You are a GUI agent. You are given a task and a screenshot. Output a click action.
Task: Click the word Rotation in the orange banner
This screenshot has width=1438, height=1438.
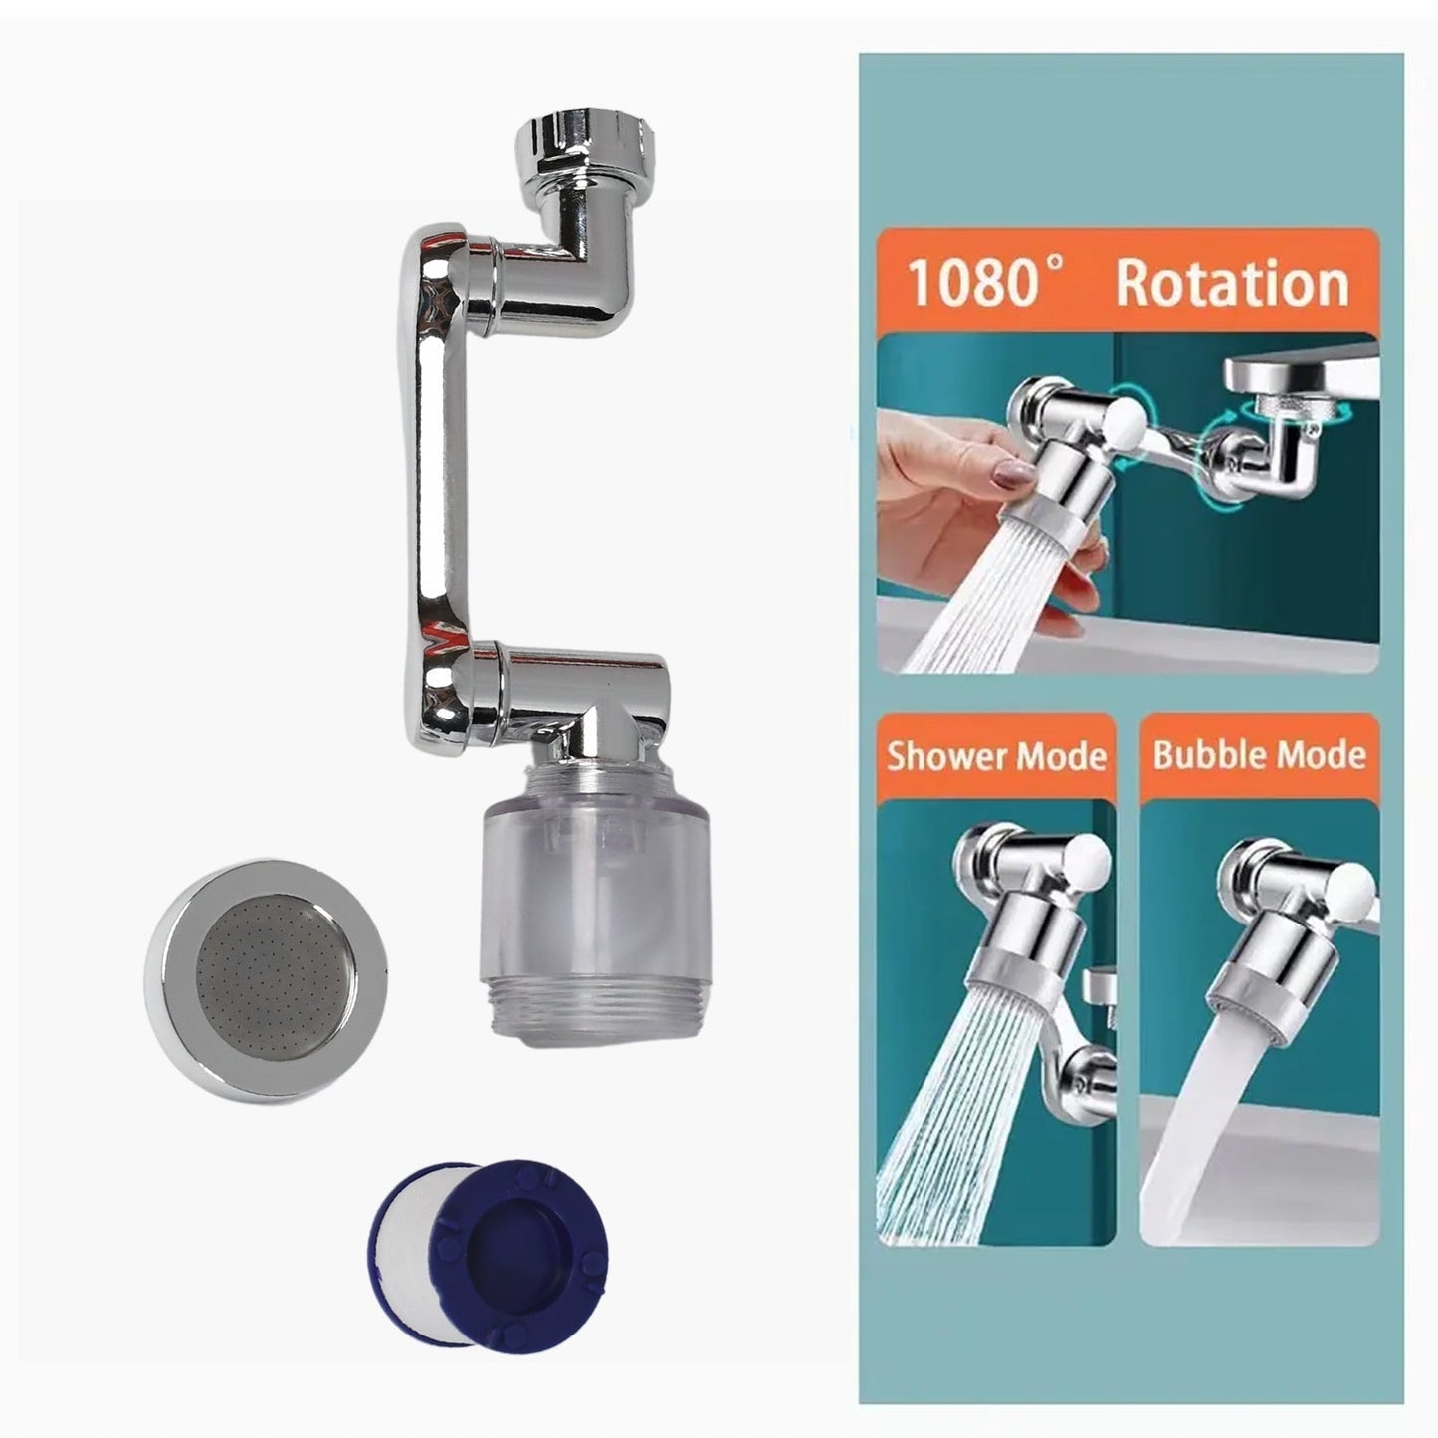pos(1231,283)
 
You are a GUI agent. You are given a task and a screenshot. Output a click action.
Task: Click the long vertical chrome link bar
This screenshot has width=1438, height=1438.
pos(429,448)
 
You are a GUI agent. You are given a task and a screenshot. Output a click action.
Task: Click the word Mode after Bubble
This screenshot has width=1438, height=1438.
pos(1321,755)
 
